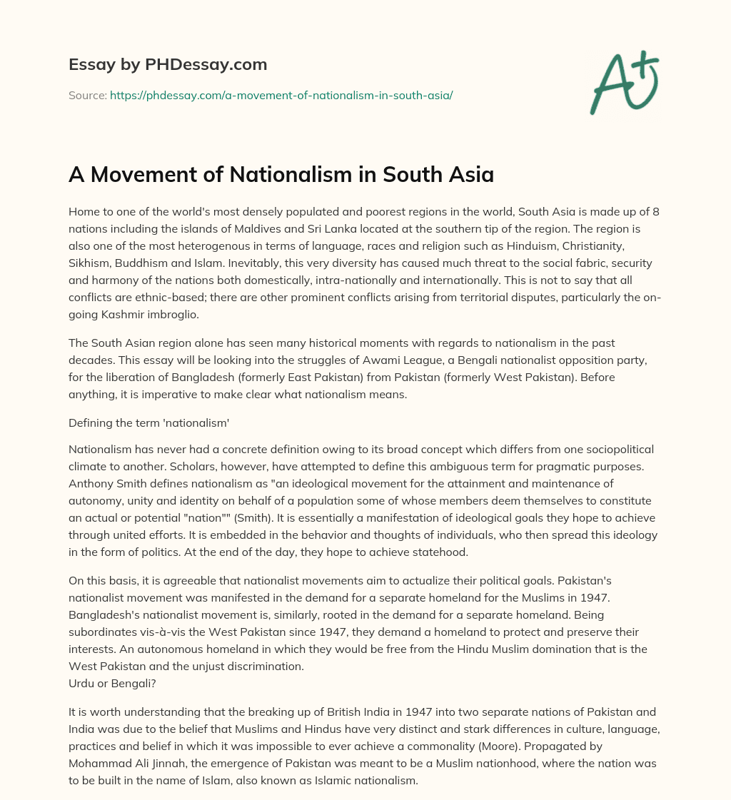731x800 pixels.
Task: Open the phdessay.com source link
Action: pyautogui.click(x=281, y=94)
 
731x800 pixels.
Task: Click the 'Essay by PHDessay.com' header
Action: pyautogui.click(x=168, y=64)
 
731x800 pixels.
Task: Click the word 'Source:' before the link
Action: pyautogui.click(x=87, y=94)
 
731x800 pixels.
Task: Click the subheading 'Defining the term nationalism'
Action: pyautogui.click(x=148, y=422)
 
